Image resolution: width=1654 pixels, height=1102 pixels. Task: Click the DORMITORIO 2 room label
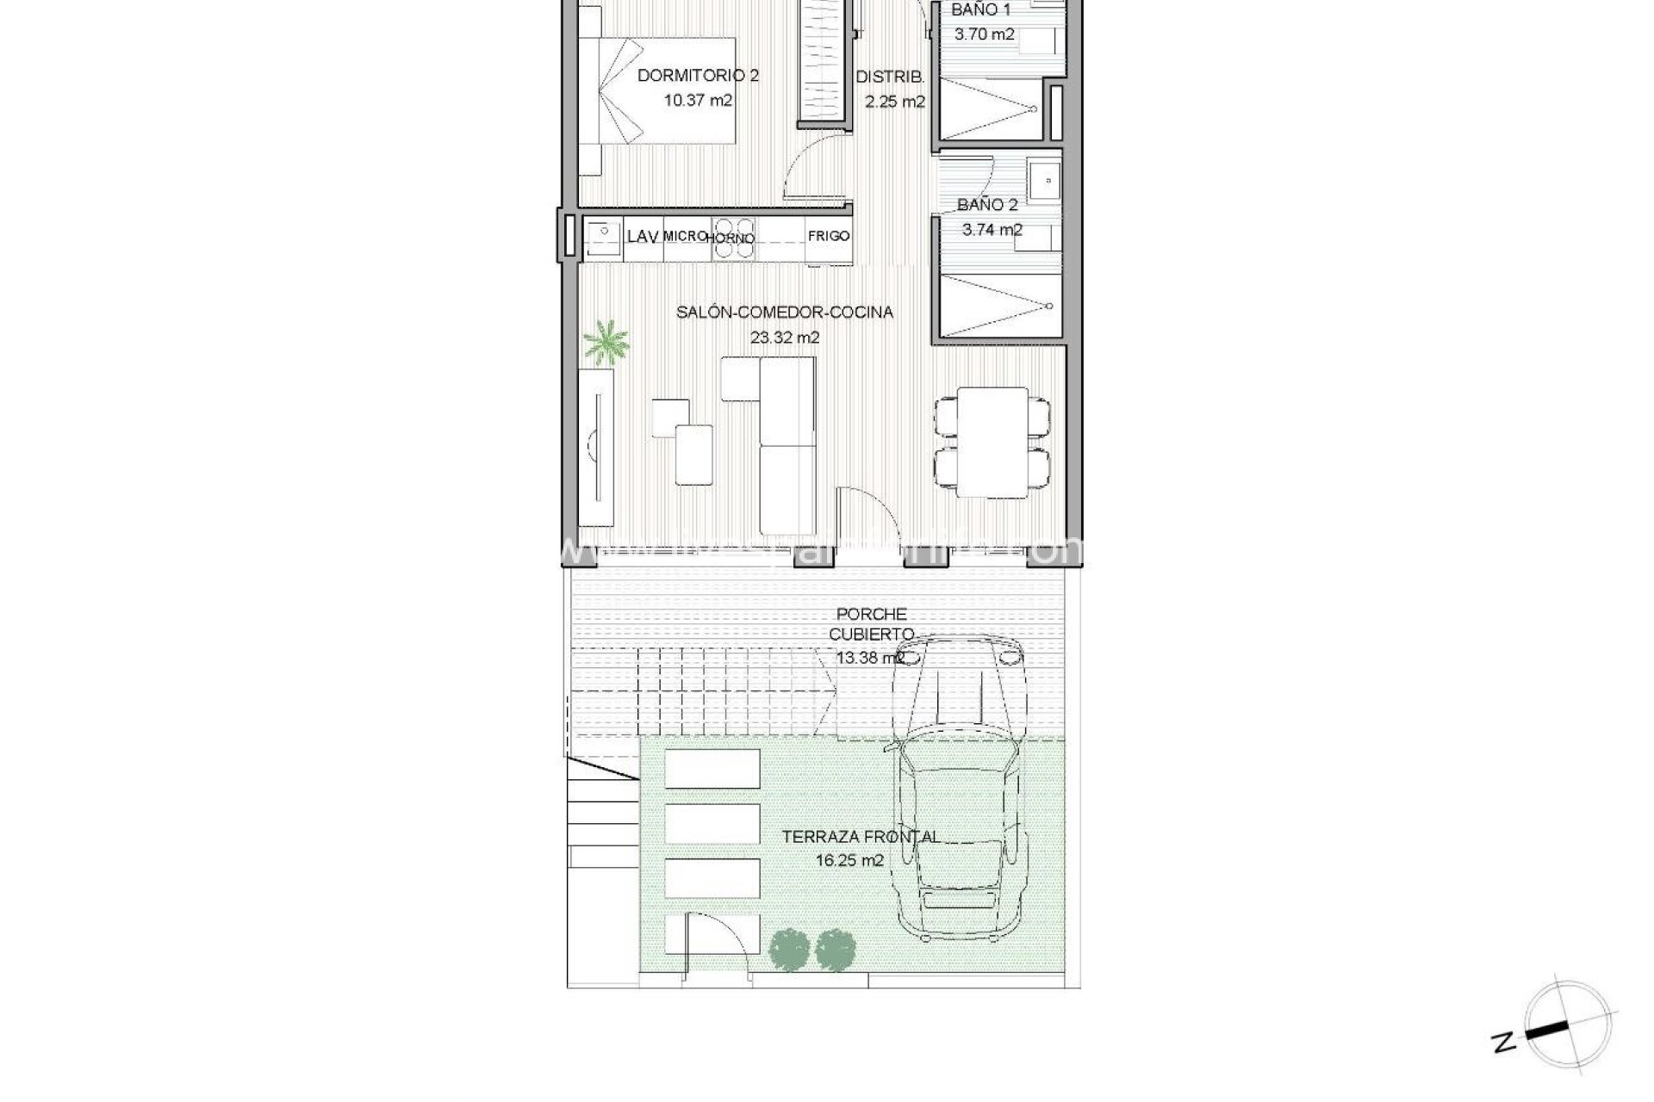[x=698, y=76]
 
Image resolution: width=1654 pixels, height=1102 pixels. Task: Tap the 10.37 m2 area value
[x=698, y=100]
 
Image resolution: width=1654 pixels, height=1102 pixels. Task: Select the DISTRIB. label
[x=890, y=77]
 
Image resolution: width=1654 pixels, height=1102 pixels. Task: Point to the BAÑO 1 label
[x=981, y=10]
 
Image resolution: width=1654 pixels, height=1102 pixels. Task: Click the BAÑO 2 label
[x=987, y=205]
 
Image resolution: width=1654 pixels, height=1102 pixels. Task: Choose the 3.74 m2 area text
[x=992, y=230]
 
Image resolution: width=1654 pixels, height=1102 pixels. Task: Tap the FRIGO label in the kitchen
[x=829, y=236]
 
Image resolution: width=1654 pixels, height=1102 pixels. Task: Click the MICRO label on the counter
[x=685, y=236]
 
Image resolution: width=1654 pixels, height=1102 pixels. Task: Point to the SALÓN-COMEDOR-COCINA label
[x=784, y=313]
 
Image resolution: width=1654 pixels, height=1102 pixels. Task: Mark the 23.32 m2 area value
[x=784, y=337]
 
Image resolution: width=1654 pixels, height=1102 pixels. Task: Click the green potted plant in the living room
[x=606, y=341]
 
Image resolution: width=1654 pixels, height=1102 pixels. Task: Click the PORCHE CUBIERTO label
[x=872, y=624]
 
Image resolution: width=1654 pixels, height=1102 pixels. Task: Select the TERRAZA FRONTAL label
[x=860, y=836]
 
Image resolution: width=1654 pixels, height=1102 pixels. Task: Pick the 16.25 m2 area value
[x=849, y=860]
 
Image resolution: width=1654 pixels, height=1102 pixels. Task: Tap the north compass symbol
[x=1564, y=1030]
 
